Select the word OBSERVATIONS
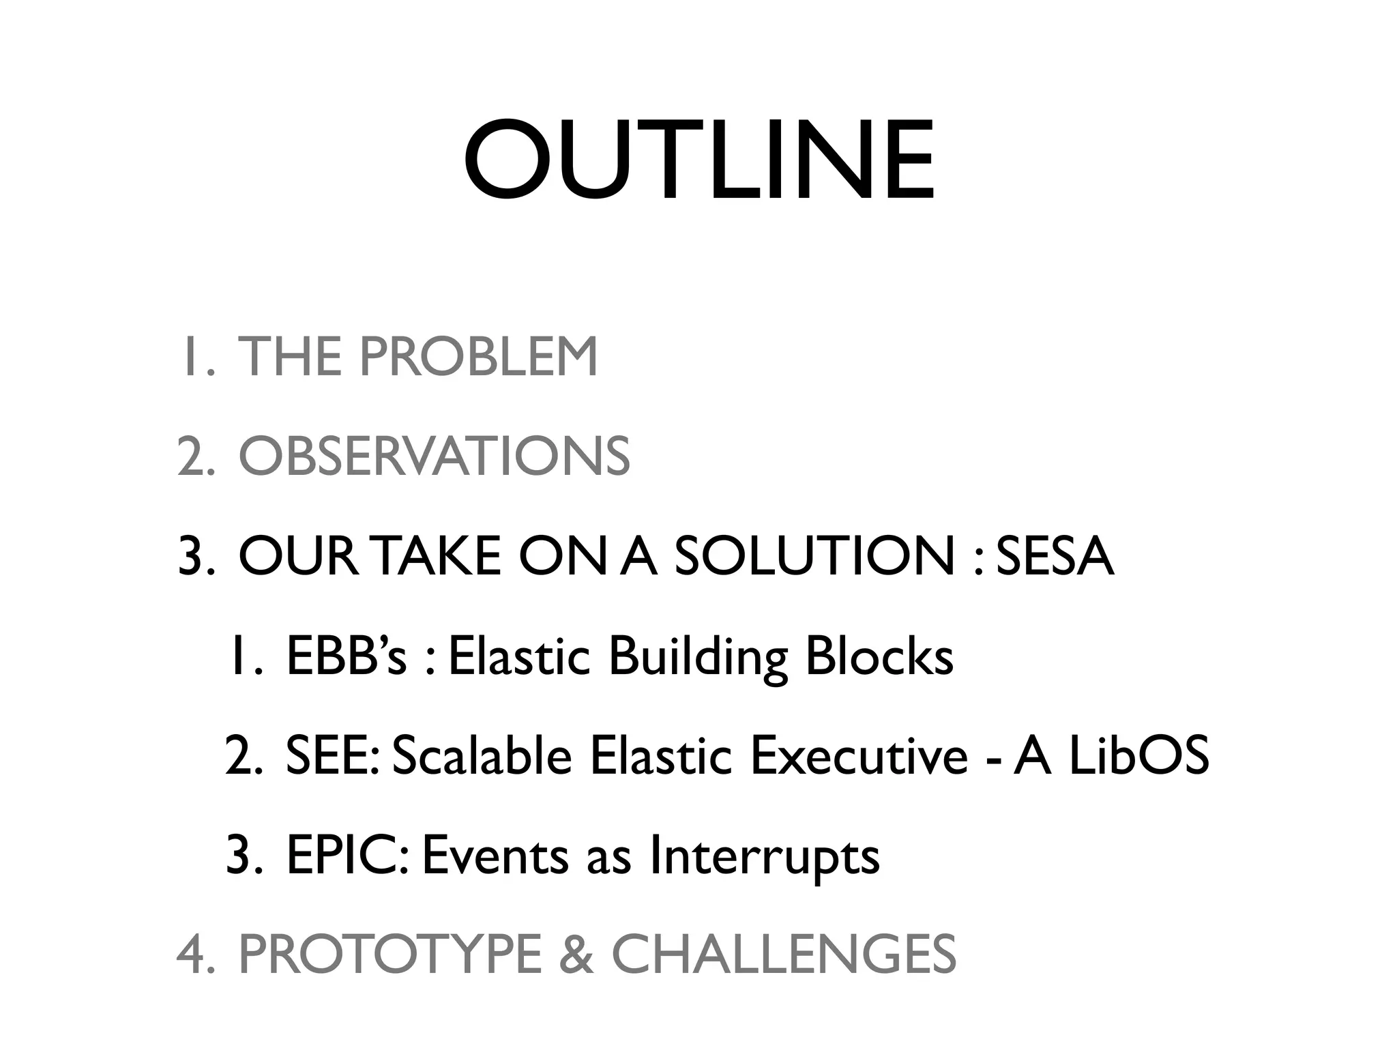(434, 456)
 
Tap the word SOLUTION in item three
(814, 556)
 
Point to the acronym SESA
(1055, 556)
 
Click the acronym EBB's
(347, 656)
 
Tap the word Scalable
(482, 756)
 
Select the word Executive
(858, 756)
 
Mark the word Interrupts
(764, 857)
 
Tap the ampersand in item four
(576, 955)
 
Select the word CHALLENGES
(784, 955)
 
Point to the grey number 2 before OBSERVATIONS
(192, 456)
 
